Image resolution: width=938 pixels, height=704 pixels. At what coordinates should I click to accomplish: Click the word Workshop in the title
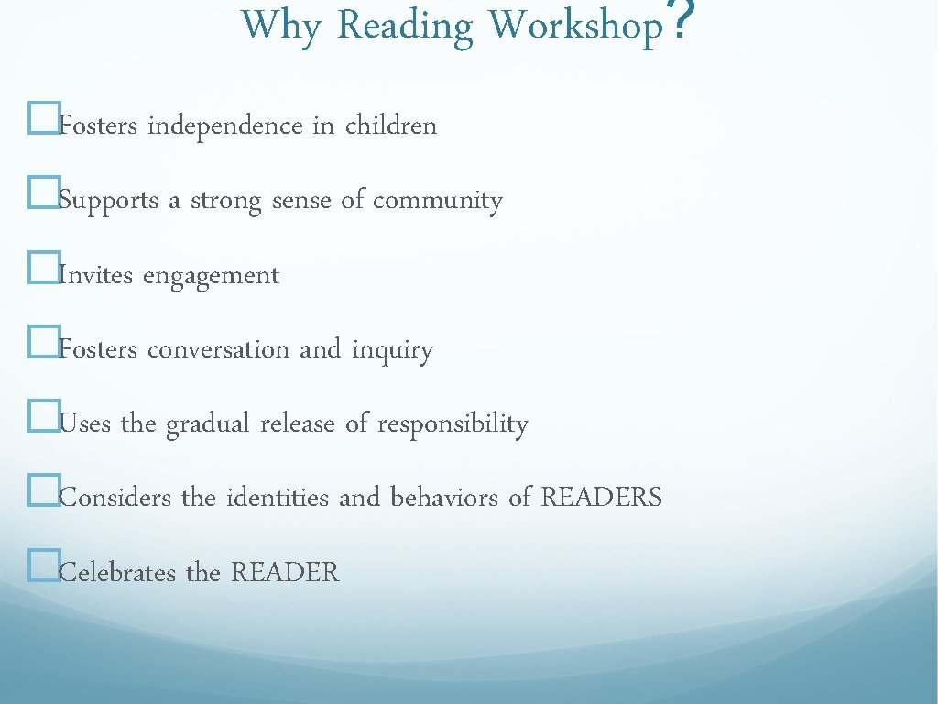(x=575, y=26)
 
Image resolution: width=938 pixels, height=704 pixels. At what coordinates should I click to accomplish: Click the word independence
(x=225, y=126)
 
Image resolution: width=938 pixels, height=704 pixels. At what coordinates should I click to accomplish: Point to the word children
(x=391, y=126)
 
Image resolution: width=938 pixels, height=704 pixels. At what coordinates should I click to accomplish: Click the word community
(x=438, y=201)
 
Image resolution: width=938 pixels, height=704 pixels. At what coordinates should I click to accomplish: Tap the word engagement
(x=211, y=276)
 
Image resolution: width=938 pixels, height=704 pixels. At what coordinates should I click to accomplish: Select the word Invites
(x=96, y=275)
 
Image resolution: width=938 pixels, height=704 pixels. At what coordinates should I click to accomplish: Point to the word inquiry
(x=392, y=350)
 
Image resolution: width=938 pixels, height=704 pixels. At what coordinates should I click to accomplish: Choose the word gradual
(x=209, y=424)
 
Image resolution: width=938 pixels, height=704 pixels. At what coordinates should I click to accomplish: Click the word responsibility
(x=453, y=424)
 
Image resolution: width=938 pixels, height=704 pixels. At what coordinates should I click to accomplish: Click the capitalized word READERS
(x=601, y=498)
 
